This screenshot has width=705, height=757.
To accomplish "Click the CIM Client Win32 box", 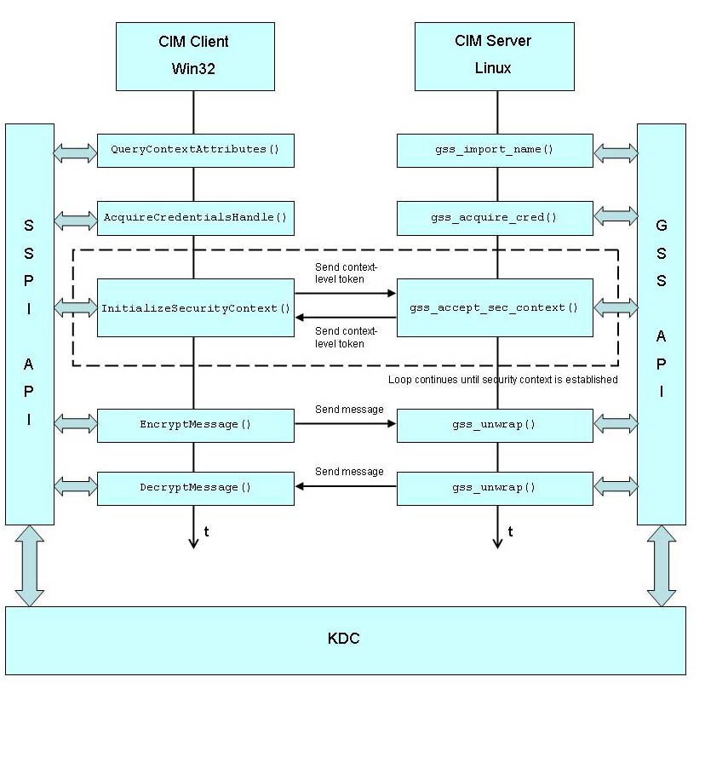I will point(195,56).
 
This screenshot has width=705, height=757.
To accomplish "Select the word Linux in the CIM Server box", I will point(493,68).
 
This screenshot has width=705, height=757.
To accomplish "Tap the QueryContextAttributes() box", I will point(195,150).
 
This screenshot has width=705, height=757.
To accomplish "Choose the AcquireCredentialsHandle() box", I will point(195,218).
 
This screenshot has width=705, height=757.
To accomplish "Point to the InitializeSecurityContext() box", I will point(195,308).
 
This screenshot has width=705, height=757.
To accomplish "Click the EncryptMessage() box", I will point(195,425).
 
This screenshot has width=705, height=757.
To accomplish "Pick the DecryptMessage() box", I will point(195,488).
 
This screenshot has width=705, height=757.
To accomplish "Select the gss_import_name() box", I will point(494,150).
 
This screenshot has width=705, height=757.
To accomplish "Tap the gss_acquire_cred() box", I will point(494,218).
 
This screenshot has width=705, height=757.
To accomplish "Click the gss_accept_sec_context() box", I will point(494,308).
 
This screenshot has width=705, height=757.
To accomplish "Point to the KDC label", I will point(343,639).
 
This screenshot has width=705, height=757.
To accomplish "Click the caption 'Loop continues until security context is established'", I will point(502,380).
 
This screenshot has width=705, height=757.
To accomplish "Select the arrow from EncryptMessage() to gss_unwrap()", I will point(345,423).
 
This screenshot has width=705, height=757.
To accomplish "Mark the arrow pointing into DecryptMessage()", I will point(345,486).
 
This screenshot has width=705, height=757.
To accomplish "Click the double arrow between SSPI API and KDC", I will point(29,565).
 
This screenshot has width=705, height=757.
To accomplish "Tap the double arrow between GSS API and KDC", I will point(661,565).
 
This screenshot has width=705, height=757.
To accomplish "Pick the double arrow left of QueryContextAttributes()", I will point(75,153).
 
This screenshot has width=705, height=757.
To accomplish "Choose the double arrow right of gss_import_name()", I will point(615,153).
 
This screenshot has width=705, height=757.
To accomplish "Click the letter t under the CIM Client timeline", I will point(206,532).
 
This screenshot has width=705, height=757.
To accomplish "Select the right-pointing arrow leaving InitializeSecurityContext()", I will point(345,294).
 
